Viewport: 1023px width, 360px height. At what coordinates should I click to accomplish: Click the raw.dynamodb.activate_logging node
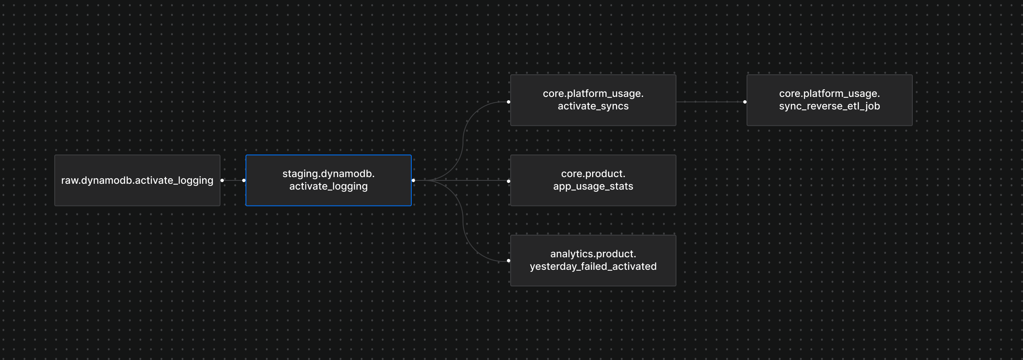(x=137, y=180)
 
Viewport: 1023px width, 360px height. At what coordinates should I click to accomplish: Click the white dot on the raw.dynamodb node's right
(x=222, y=180)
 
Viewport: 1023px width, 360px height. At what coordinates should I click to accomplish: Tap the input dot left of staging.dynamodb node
(x=244, y=180)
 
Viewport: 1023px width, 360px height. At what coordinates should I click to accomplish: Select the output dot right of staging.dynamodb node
(x=413, y=180)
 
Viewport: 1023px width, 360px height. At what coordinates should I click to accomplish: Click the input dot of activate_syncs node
(x=509, y=102)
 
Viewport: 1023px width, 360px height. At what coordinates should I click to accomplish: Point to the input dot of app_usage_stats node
(x=509, y=181)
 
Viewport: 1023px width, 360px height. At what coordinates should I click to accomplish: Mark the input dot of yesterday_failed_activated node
(x=509, y=261)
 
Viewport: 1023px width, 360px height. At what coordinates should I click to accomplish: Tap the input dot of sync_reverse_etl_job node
(x=745, y=102)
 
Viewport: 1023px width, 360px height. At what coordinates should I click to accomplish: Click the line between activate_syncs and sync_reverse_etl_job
(x=710, y=102)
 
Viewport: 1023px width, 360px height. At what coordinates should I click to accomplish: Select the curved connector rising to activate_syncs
(x=463, y=138)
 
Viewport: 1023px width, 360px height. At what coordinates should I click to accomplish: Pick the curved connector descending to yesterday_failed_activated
(x=463, y=221)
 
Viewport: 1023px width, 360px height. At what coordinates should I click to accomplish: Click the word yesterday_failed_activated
(x=593, y=266)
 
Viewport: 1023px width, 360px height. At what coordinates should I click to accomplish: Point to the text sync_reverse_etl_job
(x=829, y=106)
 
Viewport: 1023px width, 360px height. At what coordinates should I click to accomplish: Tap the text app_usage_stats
(x=593, y=186)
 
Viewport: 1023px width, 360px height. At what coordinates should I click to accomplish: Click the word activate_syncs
(x=593, y=106)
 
